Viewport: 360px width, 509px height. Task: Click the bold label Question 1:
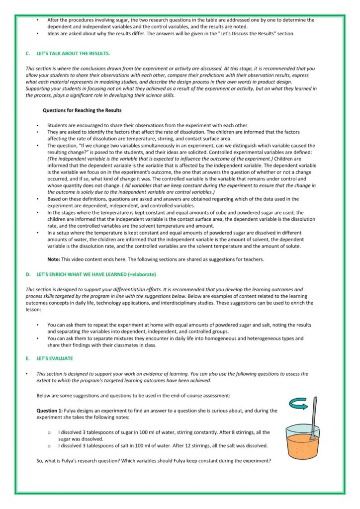pos(50,411)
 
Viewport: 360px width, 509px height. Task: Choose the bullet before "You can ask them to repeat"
pos(38,325)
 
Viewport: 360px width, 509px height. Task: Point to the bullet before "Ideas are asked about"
pos(38,34)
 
